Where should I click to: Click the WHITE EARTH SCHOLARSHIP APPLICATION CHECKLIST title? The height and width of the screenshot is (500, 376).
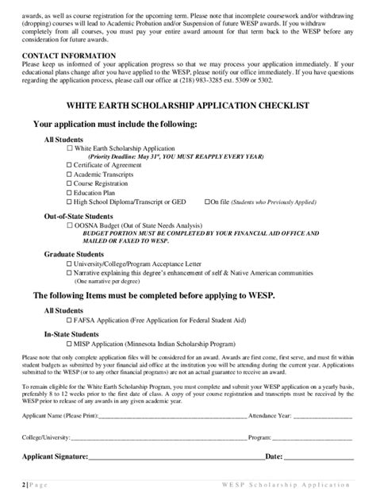tap(187, 106)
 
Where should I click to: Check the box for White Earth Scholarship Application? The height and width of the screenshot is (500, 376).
tap(70, 148)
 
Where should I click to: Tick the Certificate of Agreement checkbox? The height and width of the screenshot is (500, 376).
tap(70, 164)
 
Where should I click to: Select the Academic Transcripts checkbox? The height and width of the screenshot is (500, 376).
tap(70, 174)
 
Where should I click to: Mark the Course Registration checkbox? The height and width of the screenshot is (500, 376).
tap(70, 183)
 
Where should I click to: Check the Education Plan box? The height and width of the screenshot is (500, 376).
tap(70, 193)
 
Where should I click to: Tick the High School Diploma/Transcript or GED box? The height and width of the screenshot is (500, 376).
tap(70, 202)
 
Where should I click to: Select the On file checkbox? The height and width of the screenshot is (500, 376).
tap(208, 202)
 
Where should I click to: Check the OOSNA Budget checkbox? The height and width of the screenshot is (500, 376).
tap(70, 226)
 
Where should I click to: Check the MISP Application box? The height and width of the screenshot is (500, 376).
tap(70, 345)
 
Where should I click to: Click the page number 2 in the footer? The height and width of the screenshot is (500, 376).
tap(25, 483)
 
